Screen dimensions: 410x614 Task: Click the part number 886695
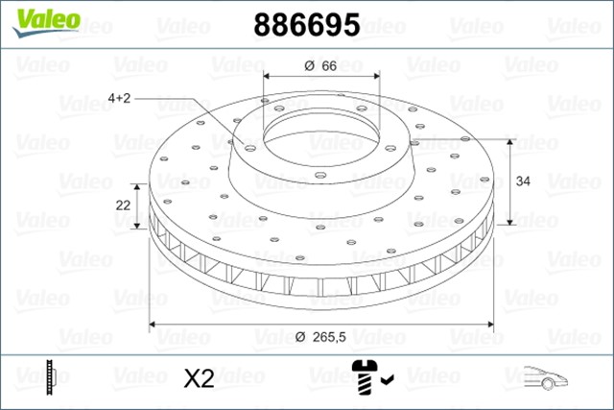point(306,25)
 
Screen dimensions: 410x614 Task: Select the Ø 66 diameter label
point(319,65)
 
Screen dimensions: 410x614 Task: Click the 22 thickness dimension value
point(123,205)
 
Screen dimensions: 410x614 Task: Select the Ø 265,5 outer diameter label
point(320,336)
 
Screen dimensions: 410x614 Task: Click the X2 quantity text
point(198,378)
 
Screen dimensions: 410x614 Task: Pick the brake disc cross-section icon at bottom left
point(51,377)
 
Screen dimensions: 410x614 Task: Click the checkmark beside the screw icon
point(389,381)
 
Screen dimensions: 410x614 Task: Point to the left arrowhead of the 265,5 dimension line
point(154,322)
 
